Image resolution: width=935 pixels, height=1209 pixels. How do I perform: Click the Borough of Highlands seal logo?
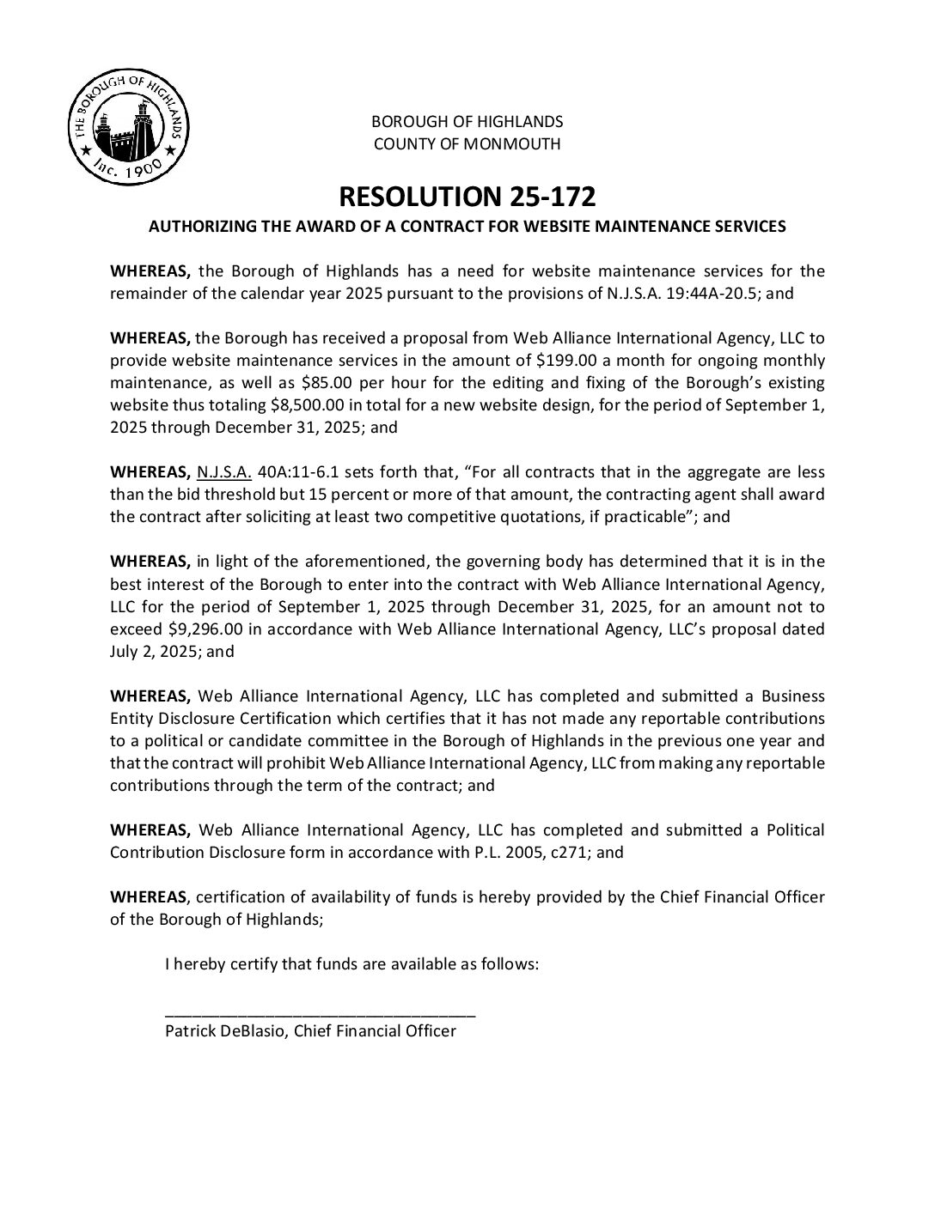(x=128, y=126)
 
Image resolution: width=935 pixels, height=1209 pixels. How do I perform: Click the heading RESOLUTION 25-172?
(x=467, y=197)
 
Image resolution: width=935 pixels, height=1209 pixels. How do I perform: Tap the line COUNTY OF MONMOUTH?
(x=467, y=143)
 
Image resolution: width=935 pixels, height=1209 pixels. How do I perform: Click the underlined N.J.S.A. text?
(x=223, y=472)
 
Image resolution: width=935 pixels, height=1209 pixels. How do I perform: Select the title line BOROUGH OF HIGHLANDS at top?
(x=467, y=121)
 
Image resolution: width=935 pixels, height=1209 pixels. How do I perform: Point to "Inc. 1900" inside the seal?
(x=128, y=171)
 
